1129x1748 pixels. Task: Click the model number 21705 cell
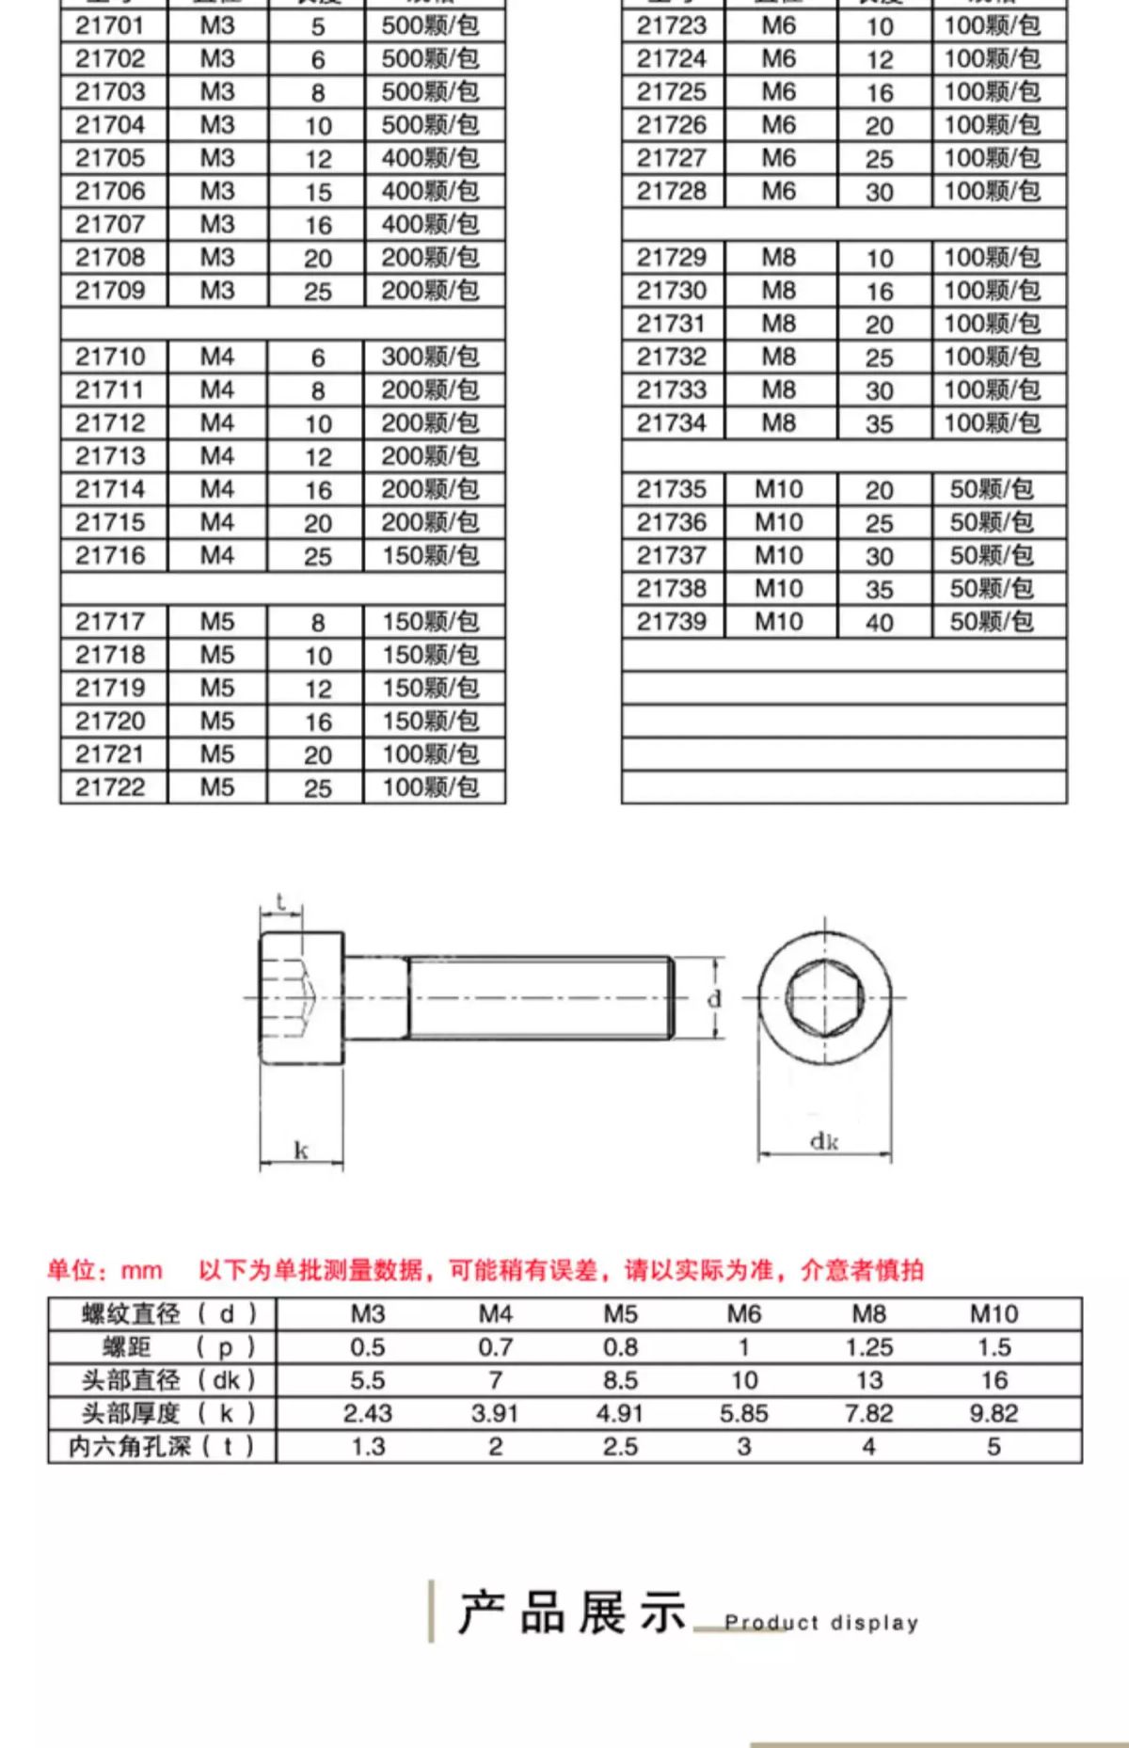point(110,158)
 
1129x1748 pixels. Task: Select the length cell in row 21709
point(318,292)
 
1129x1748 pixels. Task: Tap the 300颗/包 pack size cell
point(430,358)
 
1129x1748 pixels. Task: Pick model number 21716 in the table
point(110,556)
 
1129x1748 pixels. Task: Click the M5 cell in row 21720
point(217,722)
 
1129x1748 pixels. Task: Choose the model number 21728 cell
point(671,192)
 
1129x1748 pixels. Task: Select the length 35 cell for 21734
point(880,424)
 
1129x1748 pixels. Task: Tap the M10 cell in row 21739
point(779,622)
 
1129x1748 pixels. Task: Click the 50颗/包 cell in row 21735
point(992,490)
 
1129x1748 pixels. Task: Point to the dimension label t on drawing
point(280,902)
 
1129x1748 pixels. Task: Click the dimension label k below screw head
point(301,1150)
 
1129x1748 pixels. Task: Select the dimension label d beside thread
point(715,999)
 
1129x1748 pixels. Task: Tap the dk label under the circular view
point(824,1141)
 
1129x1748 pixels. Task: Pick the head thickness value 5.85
point(744,1414)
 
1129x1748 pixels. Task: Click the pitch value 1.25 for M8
point(868,1348)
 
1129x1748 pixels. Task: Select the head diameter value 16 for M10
point(994,1381)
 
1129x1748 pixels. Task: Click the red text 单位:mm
point(104,1271)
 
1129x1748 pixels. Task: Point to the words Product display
point(821,1623)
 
